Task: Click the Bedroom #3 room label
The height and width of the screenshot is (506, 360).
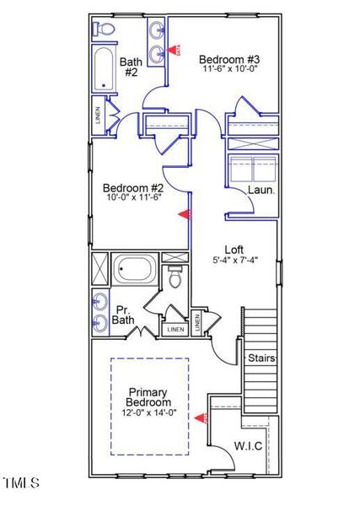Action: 229,59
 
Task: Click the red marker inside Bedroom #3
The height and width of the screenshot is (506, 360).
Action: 177,51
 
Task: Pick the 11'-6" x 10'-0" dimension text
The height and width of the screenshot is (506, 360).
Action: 229,70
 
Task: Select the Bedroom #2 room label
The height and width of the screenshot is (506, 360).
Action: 132,187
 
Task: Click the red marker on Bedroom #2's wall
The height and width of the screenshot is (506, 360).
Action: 183,215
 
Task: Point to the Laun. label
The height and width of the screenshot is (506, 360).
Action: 261,191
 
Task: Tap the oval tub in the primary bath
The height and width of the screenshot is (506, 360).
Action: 135,270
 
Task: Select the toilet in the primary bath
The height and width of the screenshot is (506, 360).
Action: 176,277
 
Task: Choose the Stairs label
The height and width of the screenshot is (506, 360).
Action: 261,358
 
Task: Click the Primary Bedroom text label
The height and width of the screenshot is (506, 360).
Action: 148,397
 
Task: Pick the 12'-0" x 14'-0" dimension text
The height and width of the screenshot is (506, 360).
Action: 148,412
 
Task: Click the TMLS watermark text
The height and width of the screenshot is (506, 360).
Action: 22,483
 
